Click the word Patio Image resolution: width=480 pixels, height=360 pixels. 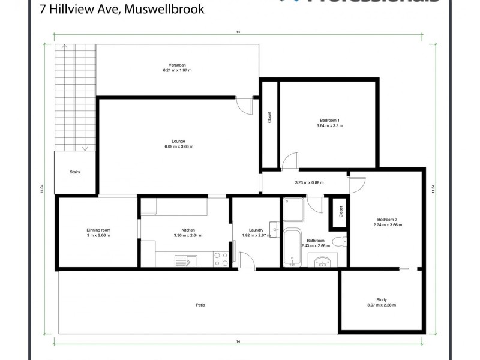(x=200, y=305)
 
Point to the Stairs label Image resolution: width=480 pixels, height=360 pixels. (x=75, y=172)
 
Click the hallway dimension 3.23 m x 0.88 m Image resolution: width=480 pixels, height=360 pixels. (x=309, y=182)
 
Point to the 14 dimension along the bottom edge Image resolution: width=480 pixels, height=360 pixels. (x=238, y=341)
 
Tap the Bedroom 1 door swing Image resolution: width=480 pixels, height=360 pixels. (x=289, y=161)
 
